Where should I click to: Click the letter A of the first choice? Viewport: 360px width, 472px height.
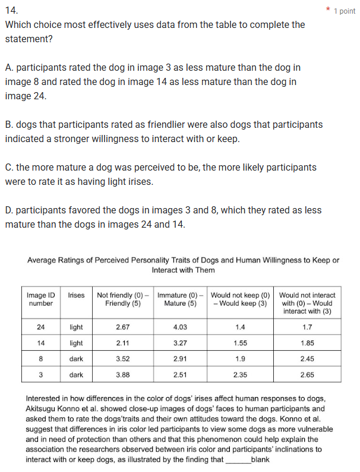pyautogui.click(x=8, y=68)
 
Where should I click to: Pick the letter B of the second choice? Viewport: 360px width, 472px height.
pyautogui.click(x=8, y=125)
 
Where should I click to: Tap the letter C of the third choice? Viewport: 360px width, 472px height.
pyautogui.click(x=8, y=168)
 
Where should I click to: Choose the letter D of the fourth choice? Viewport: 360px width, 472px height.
pyautogui.click(x=8, y=210)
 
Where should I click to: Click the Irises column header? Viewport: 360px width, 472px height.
pyautogui.click(x=77, y=295)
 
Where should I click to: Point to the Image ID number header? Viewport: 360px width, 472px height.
pyautogui.click(x=41, y=299)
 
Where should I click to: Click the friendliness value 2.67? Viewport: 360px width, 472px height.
pyautogui.click(x=123, y=327)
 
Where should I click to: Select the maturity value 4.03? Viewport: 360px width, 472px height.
pyautogui.click(x=180, y=327)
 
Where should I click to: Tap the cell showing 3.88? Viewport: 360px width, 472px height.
pyautogui.click(x=123, y=375)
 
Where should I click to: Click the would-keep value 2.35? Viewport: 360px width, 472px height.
pyautogui.click(x=240, y=375)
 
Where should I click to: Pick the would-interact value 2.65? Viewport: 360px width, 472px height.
pyautogui.click(x=307, y=375)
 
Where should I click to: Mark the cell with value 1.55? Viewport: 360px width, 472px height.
pyautogui.click(x=240, y=343)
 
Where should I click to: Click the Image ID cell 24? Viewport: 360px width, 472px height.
pyautogui.click(x=41, y=327)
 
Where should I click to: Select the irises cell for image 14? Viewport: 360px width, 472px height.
pyautogui.click(x=77, y=343)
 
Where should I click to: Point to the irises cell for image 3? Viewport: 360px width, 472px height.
pyautogui.click(x=77, y=375)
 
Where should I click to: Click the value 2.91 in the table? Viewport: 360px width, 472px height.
pyautogui.click(x=180, y=359)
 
